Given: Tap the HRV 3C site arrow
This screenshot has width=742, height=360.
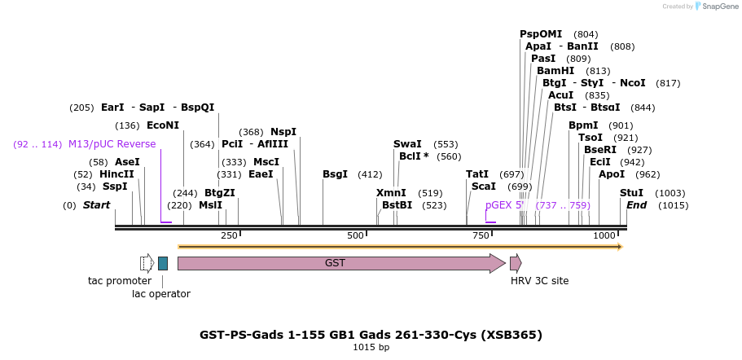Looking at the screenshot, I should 516,263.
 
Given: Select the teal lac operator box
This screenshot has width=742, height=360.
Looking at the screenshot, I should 163,263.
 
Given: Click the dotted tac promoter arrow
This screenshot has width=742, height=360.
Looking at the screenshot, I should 147,263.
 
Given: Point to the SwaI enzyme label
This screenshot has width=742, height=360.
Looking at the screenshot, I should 407,144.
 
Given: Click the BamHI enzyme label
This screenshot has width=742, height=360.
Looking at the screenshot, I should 555,71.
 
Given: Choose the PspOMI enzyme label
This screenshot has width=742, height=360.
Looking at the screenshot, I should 541,34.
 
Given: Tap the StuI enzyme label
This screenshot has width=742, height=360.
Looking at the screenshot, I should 631,193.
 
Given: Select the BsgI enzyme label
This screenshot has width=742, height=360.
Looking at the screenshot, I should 335,174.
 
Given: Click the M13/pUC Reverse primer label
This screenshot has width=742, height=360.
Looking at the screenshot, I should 112,144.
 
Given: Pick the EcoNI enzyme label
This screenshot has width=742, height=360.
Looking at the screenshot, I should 163,125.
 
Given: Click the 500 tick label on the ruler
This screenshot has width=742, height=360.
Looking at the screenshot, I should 356,235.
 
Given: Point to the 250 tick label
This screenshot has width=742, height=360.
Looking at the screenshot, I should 229,235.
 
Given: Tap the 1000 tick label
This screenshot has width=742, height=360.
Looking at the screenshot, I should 604,235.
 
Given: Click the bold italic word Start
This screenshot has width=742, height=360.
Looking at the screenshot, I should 96,205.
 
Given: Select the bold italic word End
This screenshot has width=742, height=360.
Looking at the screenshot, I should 636,205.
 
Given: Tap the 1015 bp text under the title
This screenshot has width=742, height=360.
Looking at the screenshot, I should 371,348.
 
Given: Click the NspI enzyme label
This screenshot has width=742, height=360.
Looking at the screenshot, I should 283,132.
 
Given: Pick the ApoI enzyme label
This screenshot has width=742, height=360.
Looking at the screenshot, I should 612,174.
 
